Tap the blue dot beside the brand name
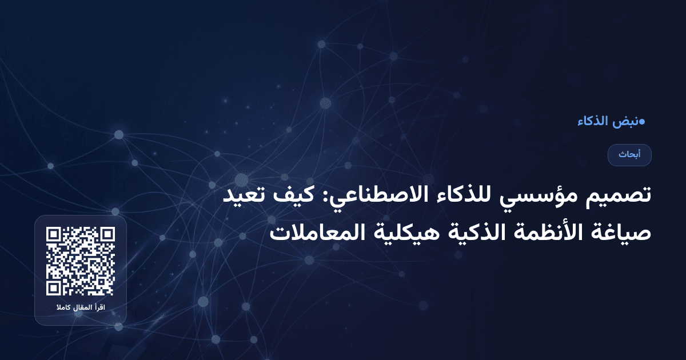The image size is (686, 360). [x=642, y=121]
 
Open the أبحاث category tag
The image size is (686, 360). [x=629, y=155]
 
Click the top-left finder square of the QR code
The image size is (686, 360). [x=54, y=234]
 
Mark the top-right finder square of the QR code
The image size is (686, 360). [x=107, y=234]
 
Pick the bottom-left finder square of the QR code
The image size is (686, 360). [x=54, y=288]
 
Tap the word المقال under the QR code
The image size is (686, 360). [x=82, y=309]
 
